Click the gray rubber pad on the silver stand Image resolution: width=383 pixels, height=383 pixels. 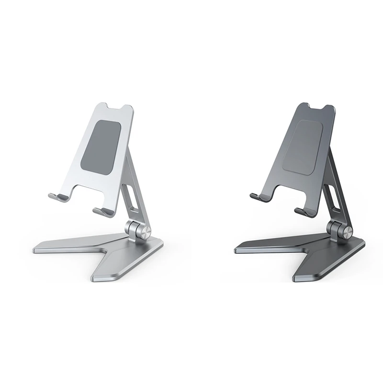(100, 147)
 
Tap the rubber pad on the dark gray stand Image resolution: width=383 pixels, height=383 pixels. (302, 147)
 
